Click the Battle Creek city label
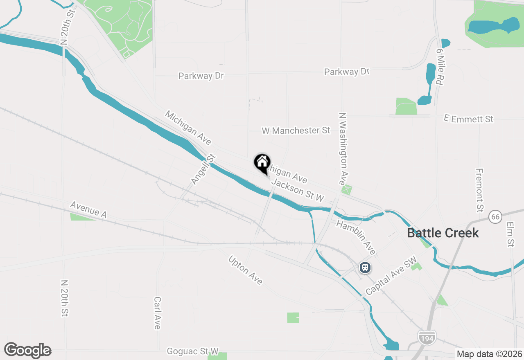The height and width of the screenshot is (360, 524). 443,233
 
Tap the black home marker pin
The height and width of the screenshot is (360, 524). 262,163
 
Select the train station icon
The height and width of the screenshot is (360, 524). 365,268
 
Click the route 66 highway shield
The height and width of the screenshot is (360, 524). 495,216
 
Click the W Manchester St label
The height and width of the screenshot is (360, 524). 296,130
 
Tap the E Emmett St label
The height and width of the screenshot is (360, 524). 469,119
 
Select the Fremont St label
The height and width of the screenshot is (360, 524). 480,190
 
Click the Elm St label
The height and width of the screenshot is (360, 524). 510,234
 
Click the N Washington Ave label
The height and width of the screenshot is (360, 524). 343,149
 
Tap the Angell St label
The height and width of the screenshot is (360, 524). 203,169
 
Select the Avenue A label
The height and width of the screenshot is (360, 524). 88,209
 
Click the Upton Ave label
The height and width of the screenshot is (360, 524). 245,270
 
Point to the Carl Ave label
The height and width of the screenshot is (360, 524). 157,313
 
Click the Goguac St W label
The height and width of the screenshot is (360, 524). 193,351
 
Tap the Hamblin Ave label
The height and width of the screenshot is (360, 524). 356,236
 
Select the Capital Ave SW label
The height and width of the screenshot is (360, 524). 391,276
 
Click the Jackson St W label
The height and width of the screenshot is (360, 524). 298,190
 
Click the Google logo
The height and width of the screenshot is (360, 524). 27,350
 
